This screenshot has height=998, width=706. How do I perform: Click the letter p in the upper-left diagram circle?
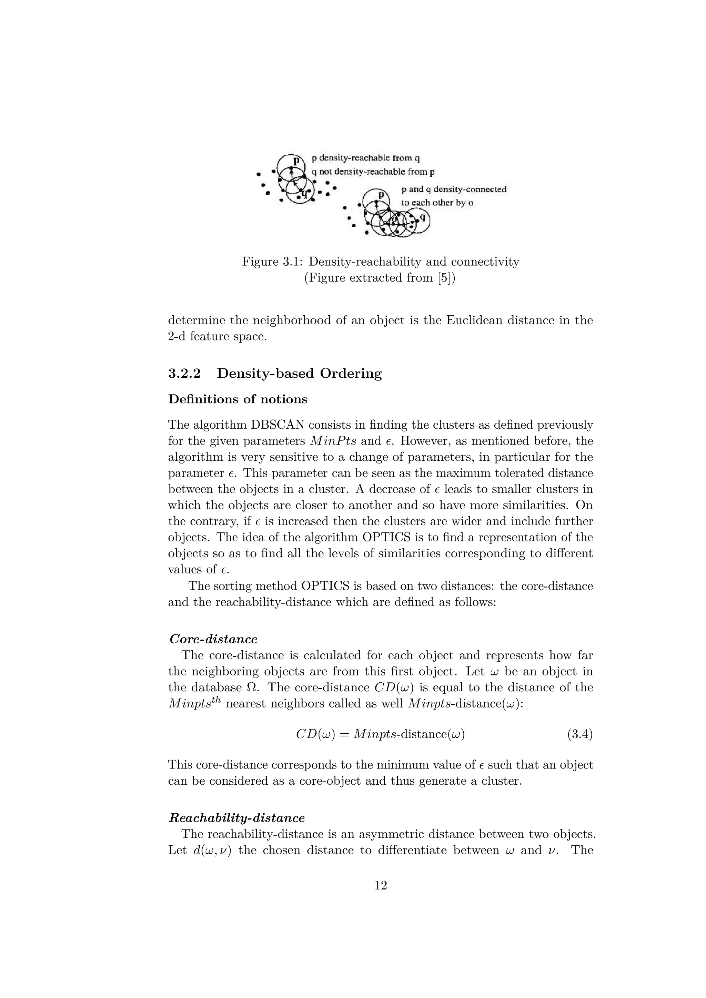click(296, 161)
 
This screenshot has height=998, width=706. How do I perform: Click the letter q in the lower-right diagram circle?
click(422, 215)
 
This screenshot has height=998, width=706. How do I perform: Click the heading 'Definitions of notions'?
click(238, 399)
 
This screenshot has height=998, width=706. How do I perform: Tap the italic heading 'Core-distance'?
click(213, 639)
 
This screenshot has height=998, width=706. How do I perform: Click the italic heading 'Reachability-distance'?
click(237, 818)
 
